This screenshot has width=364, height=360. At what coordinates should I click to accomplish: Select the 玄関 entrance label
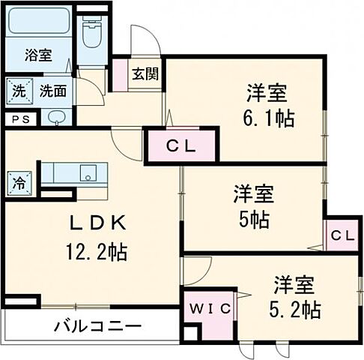(145, 73)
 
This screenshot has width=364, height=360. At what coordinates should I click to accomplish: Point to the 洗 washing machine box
(18, 92)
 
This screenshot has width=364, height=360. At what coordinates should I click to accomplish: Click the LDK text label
(94, 222)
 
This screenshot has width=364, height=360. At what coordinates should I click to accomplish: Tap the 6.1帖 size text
(267, 118)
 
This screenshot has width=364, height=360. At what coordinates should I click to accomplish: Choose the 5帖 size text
(254, 219)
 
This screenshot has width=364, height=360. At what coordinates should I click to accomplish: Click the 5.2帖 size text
(295, 308)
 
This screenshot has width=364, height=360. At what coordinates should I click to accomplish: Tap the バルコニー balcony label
(97, 326)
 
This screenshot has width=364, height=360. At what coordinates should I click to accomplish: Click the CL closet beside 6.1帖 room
(181, 145)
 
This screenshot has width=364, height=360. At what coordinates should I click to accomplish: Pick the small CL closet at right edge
(342, 235)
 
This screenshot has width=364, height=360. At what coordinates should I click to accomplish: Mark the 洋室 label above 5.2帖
(293, 285)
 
